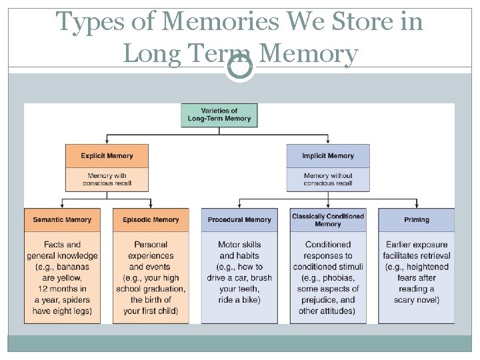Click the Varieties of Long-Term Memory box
[219, 115]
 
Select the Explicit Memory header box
[107, 156]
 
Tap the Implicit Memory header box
[328, 156]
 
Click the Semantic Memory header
[62, 220]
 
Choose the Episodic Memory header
[151, 220]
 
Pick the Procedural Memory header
[239, 220]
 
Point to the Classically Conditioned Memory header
[328, 219]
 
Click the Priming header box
[417, 220]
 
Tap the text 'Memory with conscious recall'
[107, 179]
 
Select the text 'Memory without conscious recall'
[328, 179]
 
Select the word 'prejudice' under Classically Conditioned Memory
[320, 300]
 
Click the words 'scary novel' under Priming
[417, 300]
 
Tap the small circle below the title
[239, 67]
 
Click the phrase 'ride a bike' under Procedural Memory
[239, 300]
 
